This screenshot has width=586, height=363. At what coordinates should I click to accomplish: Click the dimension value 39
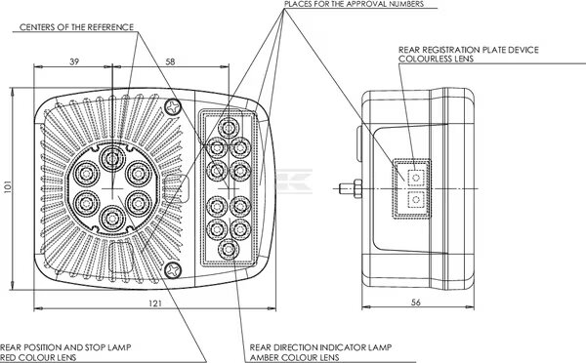(x=74, y=61)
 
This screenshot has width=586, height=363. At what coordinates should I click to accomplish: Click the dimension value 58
(x=170, y=61)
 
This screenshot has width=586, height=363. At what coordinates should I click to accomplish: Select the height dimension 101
(x=8, y=186)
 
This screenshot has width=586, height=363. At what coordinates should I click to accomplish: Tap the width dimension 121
(x=155, y=303)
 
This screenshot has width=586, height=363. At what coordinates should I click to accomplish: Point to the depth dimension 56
(x=416, y=302)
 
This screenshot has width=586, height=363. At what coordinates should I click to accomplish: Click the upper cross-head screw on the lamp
(x=174, y=107)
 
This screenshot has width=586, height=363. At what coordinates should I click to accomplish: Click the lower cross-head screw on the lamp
(x=174, y=270)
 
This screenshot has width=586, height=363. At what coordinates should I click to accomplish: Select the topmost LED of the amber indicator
(x=228, y=128)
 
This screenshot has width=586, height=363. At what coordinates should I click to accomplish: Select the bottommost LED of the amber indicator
(x=229, y=250)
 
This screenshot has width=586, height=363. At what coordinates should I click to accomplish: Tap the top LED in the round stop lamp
(x=112, y=159)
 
